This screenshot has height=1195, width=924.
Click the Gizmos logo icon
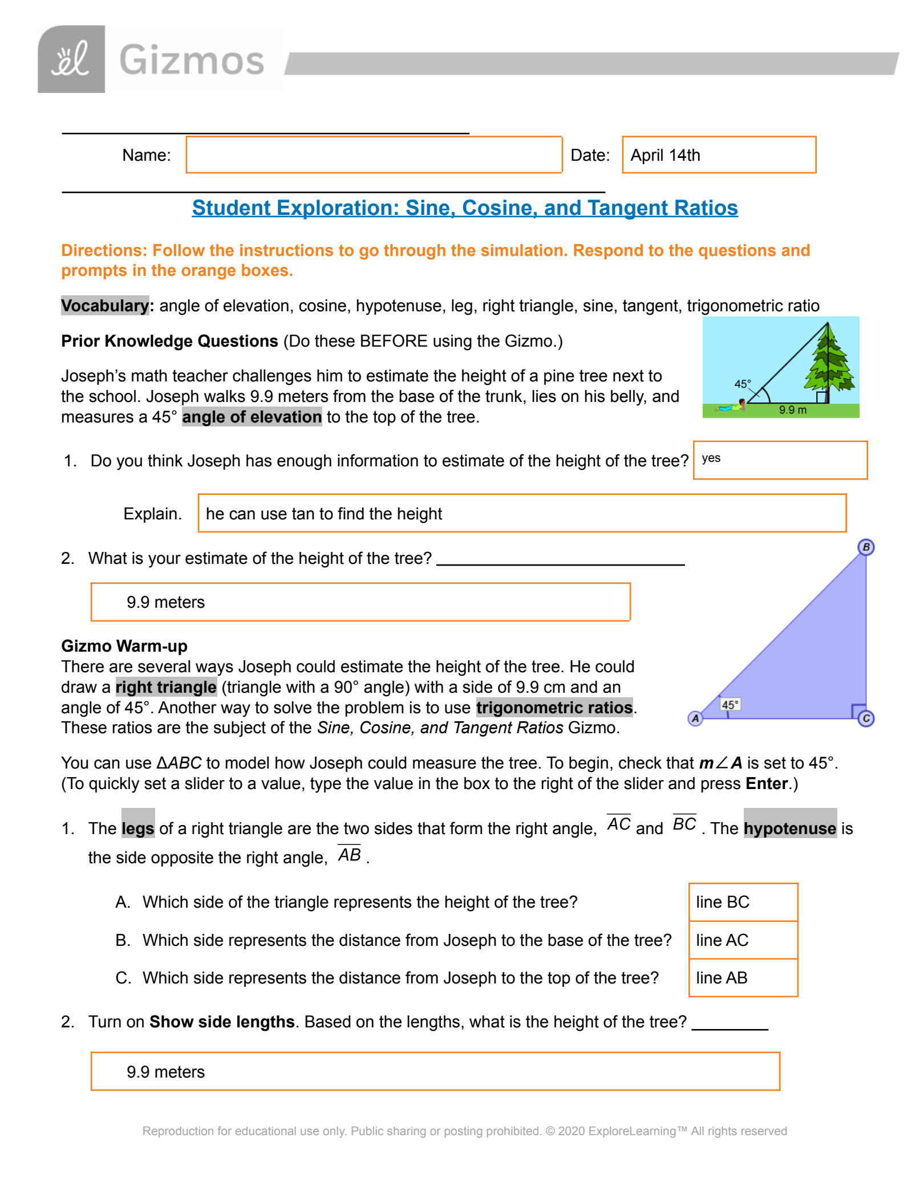[x=71, y=59]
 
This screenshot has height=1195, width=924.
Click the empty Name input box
[x=374, y=155]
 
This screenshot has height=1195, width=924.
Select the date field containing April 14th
[x=719, y=155]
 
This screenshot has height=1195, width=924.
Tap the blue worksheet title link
[x=464, y=208]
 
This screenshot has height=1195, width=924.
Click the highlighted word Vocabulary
[x=105, y=306]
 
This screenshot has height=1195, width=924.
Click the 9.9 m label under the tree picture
[x=793, y=410]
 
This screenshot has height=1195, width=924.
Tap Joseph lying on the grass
[x=733, y=407]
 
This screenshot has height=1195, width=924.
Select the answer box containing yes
[x=780, y=460]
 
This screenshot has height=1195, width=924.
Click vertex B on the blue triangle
[x=866, y=547]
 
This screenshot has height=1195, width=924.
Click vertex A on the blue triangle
[x=695, y=718]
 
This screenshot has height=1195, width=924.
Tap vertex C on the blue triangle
[x=866, y=718]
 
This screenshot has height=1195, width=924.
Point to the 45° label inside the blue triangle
[x=730, y=705]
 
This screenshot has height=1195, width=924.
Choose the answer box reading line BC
[x=743, y=902]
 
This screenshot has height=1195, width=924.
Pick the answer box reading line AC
[x=743, y=940]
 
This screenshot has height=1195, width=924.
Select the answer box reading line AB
[x=743, y=978]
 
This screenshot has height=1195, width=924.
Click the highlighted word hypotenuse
[x=790, y=828]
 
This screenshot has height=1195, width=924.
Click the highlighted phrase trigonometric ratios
[x=554, y=708]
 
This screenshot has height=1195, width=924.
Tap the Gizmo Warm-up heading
[x=124, y=646]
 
